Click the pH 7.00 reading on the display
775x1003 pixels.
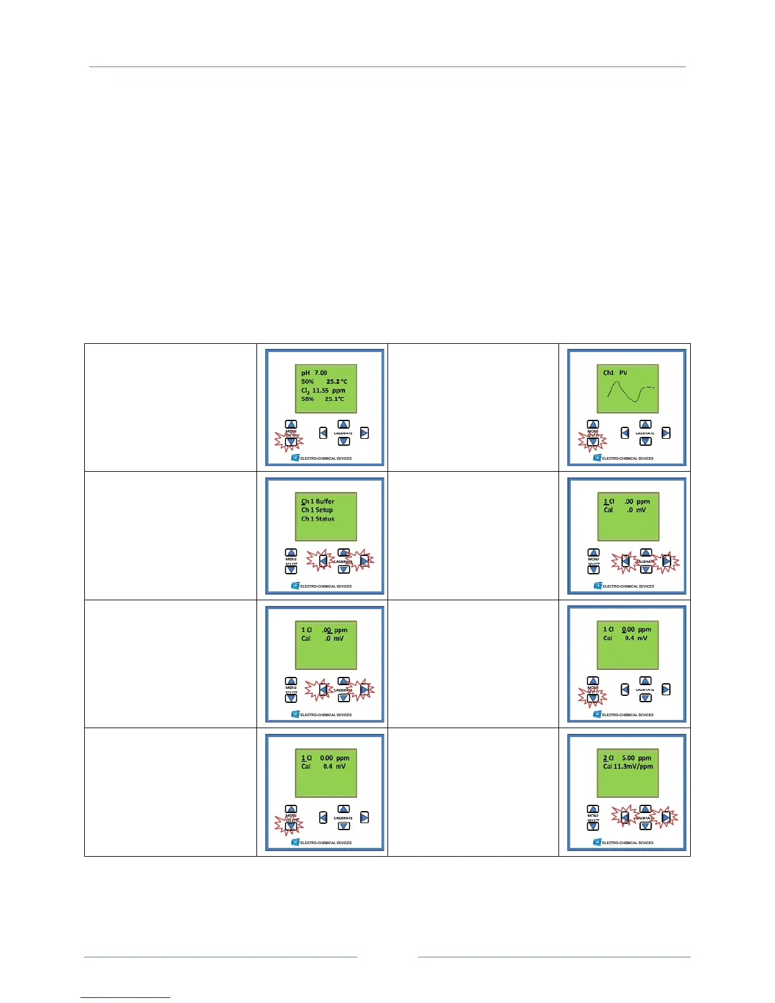pos(314,373)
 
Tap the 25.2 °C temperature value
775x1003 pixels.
pos(336,382)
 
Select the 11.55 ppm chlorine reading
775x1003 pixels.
pos(328,391)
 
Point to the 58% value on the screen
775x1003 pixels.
pos(307,400)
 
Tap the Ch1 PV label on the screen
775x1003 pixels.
pos(615,373)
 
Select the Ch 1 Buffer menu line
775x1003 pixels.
pos(318,501)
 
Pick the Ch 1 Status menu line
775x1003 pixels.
pos(318,519)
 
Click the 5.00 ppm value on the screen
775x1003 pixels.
pos(636,758)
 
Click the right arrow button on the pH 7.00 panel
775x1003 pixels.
pos(365,433)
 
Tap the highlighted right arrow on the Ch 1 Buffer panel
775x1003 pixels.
pos(365,561)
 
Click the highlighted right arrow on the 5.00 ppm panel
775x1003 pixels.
pos(666,817)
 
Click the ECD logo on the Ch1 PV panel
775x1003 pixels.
pos(597,458)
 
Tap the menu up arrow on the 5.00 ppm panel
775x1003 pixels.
pos(593,810)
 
